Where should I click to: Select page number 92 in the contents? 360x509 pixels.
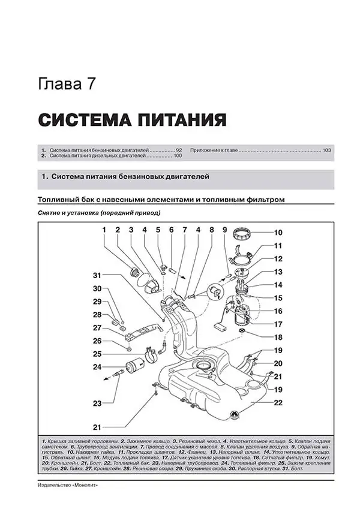point(178,149)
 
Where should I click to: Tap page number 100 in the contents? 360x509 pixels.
point(177,156)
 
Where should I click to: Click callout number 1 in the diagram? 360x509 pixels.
point(103,230)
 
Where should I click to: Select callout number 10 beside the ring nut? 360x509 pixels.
point(278,233)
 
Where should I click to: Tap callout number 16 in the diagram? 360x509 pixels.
point(278,311)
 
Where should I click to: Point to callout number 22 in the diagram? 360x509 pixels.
point(278,402)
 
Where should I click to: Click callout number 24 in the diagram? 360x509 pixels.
point(97,367)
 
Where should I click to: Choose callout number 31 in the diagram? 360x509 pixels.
point(97,275)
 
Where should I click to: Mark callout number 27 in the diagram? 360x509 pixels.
point(97,328)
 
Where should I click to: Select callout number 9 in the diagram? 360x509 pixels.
point(224,230)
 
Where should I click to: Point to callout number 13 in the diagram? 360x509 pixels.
point(278,272)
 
